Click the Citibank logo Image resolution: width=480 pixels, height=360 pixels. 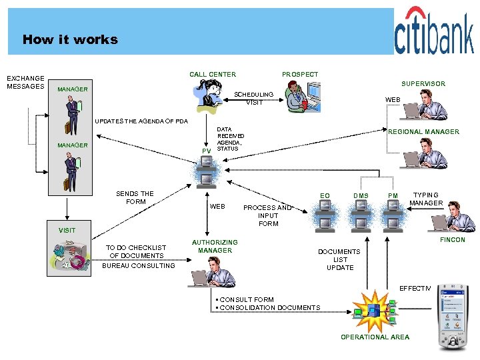pos(433,33)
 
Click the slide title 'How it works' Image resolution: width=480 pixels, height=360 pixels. pos(70,39)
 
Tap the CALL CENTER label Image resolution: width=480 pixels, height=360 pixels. pos(212,74)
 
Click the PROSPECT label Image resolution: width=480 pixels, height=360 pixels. pos(300,74)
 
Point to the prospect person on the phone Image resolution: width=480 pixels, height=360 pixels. pos(298,95)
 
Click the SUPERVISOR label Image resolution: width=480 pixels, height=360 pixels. pos(423,84)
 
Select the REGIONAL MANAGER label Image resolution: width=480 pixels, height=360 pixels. pos(423,132)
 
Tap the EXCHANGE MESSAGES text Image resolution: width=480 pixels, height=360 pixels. pos(25,82)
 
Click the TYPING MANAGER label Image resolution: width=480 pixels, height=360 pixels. pos(426,199)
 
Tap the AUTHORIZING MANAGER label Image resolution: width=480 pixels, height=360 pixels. pos(215,247)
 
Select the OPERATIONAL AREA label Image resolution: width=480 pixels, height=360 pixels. pos(375,337)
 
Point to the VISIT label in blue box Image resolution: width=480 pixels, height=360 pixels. pos(67,230)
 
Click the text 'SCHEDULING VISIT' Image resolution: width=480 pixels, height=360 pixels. pos(254,99)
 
